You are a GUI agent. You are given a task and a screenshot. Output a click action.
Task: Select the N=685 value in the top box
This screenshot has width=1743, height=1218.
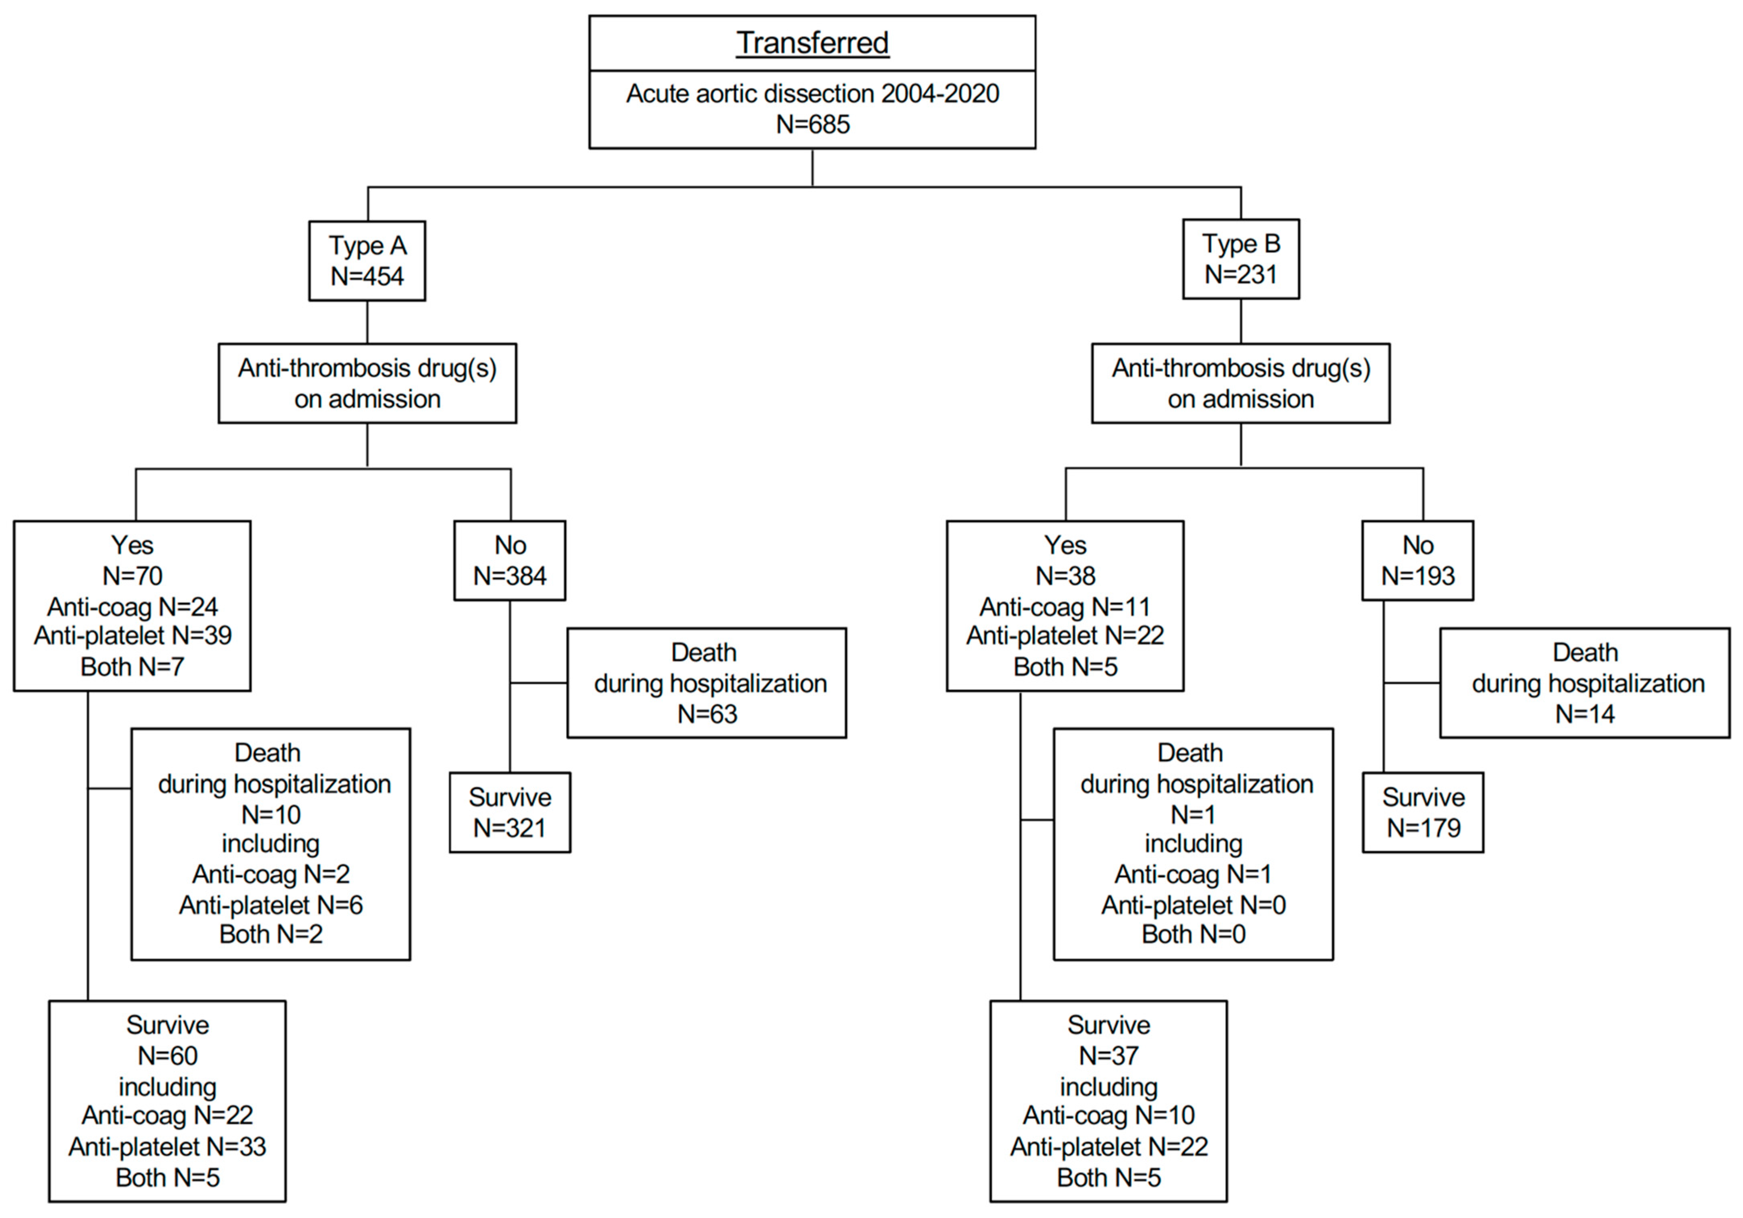click(812, 124)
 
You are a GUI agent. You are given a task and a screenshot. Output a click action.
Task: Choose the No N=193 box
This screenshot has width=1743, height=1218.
click(1417, 561)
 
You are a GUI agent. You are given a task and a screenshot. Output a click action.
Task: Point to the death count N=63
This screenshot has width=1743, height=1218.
click(707, 714)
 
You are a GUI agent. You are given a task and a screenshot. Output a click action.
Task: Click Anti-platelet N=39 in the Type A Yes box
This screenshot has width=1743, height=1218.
click(133, 636)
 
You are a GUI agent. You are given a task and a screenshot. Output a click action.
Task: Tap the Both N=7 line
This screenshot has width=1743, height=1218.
click(133, 667)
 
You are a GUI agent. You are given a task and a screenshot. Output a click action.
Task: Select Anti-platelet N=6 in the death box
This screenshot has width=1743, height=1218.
click(271, 905)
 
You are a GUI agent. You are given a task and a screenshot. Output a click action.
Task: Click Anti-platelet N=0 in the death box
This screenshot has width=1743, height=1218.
click(1193, 905)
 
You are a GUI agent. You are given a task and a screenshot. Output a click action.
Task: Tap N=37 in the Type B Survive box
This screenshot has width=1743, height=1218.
click(1108, 1055)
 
